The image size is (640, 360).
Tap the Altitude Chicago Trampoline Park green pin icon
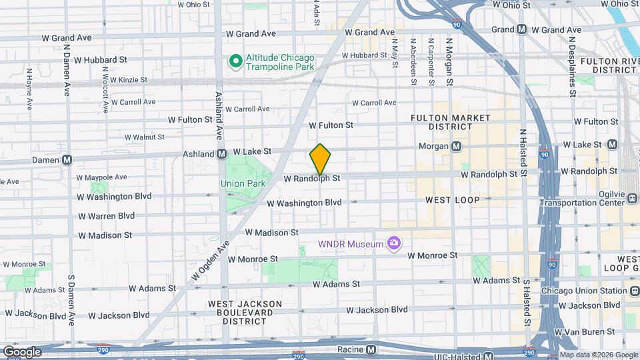click(235, 62)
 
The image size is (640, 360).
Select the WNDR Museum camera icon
click(394, 243)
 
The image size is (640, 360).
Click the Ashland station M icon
click(221, 154)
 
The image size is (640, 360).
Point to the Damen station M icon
click(67, 160)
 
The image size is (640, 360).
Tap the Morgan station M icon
click(457, 146)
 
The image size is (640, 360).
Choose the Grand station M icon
click(521, 29)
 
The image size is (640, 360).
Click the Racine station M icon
click(371, 349)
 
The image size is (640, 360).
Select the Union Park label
click(243, 183)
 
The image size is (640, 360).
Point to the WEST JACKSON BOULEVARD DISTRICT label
click(245, 312)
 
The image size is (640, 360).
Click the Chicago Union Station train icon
click(633, 291)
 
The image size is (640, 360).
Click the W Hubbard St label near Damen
click(101, 59)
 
